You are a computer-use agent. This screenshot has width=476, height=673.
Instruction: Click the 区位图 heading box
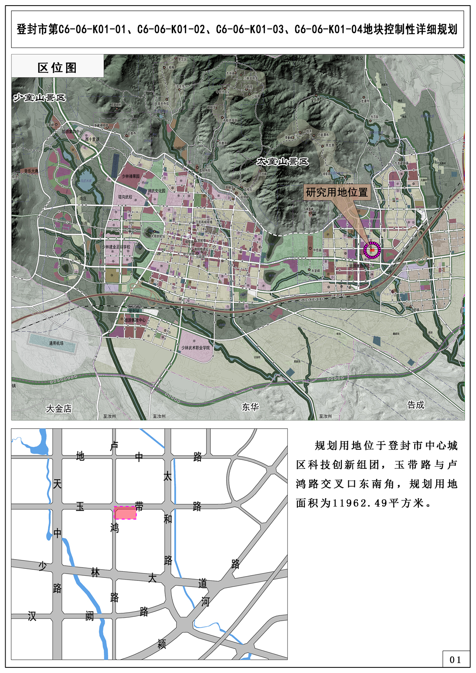coord(57,67)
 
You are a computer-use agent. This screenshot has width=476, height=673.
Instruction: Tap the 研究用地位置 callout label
coord(337,192)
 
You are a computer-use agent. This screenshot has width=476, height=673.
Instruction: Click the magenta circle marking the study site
coord(372,250)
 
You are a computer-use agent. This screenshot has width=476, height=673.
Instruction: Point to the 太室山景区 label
coord(283,162)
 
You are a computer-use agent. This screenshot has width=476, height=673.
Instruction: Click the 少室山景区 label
coord(39,97)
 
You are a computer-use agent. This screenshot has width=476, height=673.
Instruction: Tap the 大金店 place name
coord(59,408)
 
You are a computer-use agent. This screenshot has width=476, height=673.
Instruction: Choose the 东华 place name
coord(250,407)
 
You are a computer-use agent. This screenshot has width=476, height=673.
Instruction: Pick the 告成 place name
coord(415,405)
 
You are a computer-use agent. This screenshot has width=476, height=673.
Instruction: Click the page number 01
coord(455,660)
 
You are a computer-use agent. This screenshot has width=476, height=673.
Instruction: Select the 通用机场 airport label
coord(56,343)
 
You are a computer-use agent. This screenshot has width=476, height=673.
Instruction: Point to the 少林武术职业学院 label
coord(195,348)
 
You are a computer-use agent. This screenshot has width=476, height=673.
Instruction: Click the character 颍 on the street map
coord(162,644)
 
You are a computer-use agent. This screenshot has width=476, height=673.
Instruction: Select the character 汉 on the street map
coord(32,616)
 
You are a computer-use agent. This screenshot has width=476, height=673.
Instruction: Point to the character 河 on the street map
coord(205,602)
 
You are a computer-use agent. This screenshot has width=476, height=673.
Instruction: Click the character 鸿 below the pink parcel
coord(114,528)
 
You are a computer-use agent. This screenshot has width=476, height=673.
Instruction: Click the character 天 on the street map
coord(57,484)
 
